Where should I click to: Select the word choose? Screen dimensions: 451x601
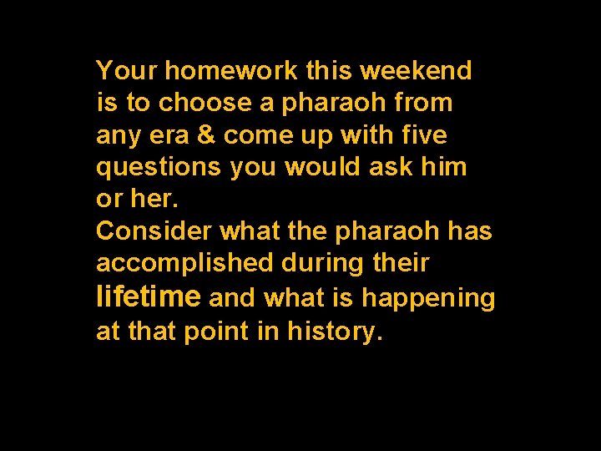pyautogui.click(x=205, y=104)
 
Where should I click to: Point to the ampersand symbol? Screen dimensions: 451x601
pyautogui.click(x=207, y=135)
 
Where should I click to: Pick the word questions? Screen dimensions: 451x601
pyautogui.click(x=159, y=168)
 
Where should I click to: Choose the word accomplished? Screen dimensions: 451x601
pyautogui.click(x=184, y=263)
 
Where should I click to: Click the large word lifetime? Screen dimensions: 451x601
pyautogui.click(x=149, y=296)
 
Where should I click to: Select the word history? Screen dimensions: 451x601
pyautogui.click(x=335, y=332)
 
